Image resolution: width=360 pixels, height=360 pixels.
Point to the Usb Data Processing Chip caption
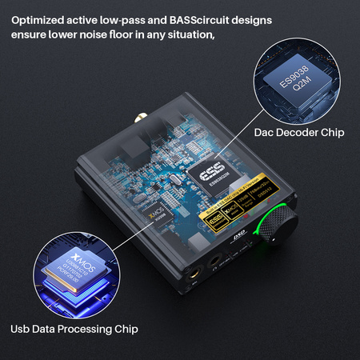(x=74, y=329)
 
